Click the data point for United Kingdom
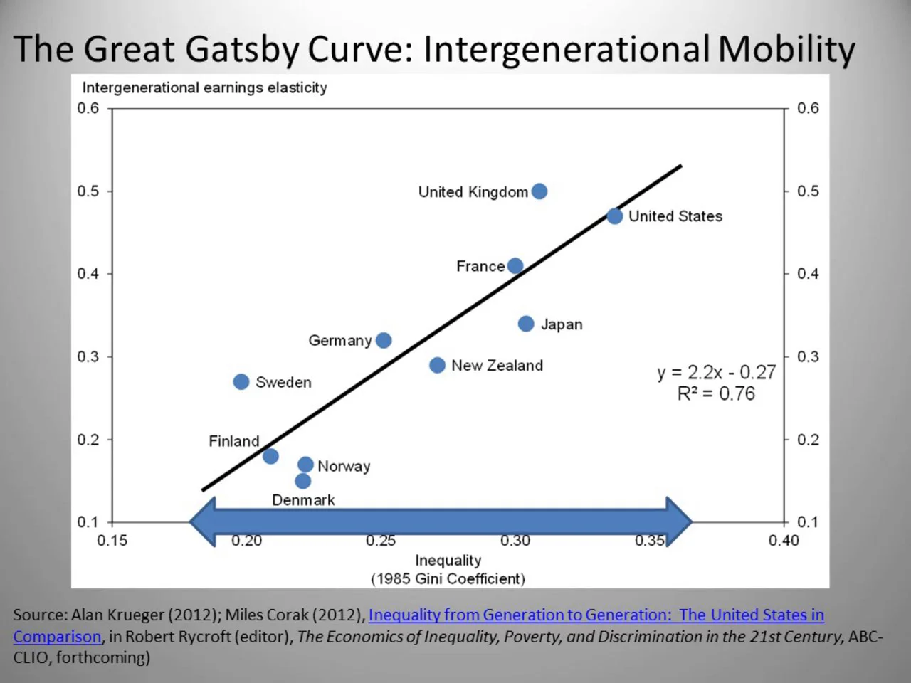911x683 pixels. [539, 191]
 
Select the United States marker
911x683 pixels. [615, 216]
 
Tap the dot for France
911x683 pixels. [515, 266]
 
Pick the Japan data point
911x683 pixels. [526, 324]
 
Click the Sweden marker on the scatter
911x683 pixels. [241, 382]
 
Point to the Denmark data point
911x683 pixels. [302, 481]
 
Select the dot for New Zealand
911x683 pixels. [438, 365]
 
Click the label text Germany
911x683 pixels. [339, 341]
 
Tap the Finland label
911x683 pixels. [233, 441]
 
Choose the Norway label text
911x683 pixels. [344, 466]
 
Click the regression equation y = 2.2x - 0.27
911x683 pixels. [716, 372]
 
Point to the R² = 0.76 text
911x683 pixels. [716, 393]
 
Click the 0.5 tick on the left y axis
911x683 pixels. [88, 191]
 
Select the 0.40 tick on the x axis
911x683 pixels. [784, 541]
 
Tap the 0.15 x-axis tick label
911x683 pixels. [112, 541]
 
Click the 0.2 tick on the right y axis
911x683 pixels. [808, 440]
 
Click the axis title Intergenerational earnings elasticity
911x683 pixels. [204, 88]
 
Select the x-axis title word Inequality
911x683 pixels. [448, 561]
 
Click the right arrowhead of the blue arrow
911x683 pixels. [679, 521]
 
